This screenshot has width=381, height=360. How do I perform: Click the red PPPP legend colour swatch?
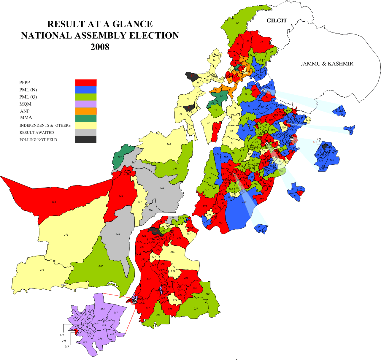86,83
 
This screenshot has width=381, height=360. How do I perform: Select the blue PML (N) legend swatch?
86,90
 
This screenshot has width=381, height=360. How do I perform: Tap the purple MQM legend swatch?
86,104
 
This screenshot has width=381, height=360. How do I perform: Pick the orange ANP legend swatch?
86,111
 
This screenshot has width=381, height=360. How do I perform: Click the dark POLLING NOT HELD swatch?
86,139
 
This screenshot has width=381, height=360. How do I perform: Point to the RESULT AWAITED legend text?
37,133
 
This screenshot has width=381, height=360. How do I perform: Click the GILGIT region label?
277,21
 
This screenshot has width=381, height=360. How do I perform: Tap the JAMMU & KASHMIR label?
327,64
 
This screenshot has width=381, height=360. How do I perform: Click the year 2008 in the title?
100,47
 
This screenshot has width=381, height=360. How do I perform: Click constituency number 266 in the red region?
54,202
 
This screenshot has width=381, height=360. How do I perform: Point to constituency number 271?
66,235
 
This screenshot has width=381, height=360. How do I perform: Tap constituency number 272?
42,270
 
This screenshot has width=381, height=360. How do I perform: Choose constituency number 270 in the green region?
101,266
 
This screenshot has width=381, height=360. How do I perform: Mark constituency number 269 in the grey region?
118,234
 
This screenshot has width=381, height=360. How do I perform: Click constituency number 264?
169,145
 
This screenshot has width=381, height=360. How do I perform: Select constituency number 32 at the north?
237,23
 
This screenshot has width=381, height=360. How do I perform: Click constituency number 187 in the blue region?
244,202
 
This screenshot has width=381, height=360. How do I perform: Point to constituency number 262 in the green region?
120,157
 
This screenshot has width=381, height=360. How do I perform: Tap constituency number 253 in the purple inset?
103,309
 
